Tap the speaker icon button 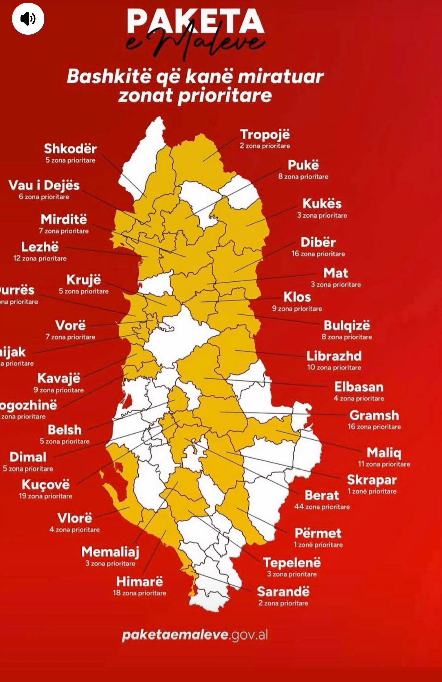tap(28, 19)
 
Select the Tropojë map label tap(265, 135)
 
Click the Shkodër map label tap(70, 149)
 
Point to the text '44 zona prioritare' tap(322, 507)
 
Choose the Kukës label tap(322, 204)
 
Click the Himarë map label tap(139, 582)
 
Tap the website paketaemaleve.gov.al tap(195, 635)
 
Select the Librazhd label tap(334, 356)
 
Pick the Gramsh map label tap(374, 416)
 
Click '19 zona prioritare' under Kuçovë tap(46, 496)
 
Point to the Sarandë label tap(283, 592)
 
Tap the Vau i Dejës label tap(44, 185)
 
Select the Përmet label tap(318, 533)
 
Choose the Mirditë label tap(64, 220)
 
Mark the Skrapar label tap(372, 480)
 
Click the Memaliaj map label tap(110, 552)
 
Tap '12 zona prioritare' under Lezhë tap(40, 258)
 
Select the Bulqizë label tap(347, 326)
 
